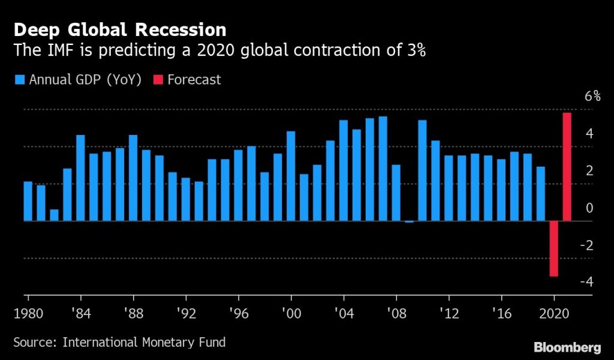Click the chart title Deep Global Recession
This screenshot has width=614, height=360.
pyautogui.click(x=120, y=29)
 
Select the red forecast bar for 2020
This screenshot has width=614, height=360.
pyautogui.click(x=553, y=248)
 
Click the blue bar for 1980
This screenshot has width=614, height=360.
pyautogui.click(x=28, y=201)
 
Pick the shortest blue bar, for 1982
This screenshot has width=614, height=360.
pyautogui.click(x=55, y=215)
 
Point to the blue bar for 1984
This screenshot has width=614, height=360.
pyautogui.click(x=81, y=178)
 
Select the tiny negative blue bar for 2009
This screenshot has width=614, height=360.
pyautogui.click(x=409, y=221)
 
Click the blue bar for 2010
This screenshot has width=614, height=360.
pyautogui.click(x=422, y=170)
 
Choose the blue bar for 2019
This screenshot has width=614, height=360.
pyautogui.click(x=540, y=194)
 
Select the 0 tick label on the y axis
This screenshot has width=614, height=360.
pyautogui.click(x=589, y=208)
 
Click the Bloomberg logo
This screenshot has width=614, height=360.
pyautogui.click(x=567, y=346)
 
